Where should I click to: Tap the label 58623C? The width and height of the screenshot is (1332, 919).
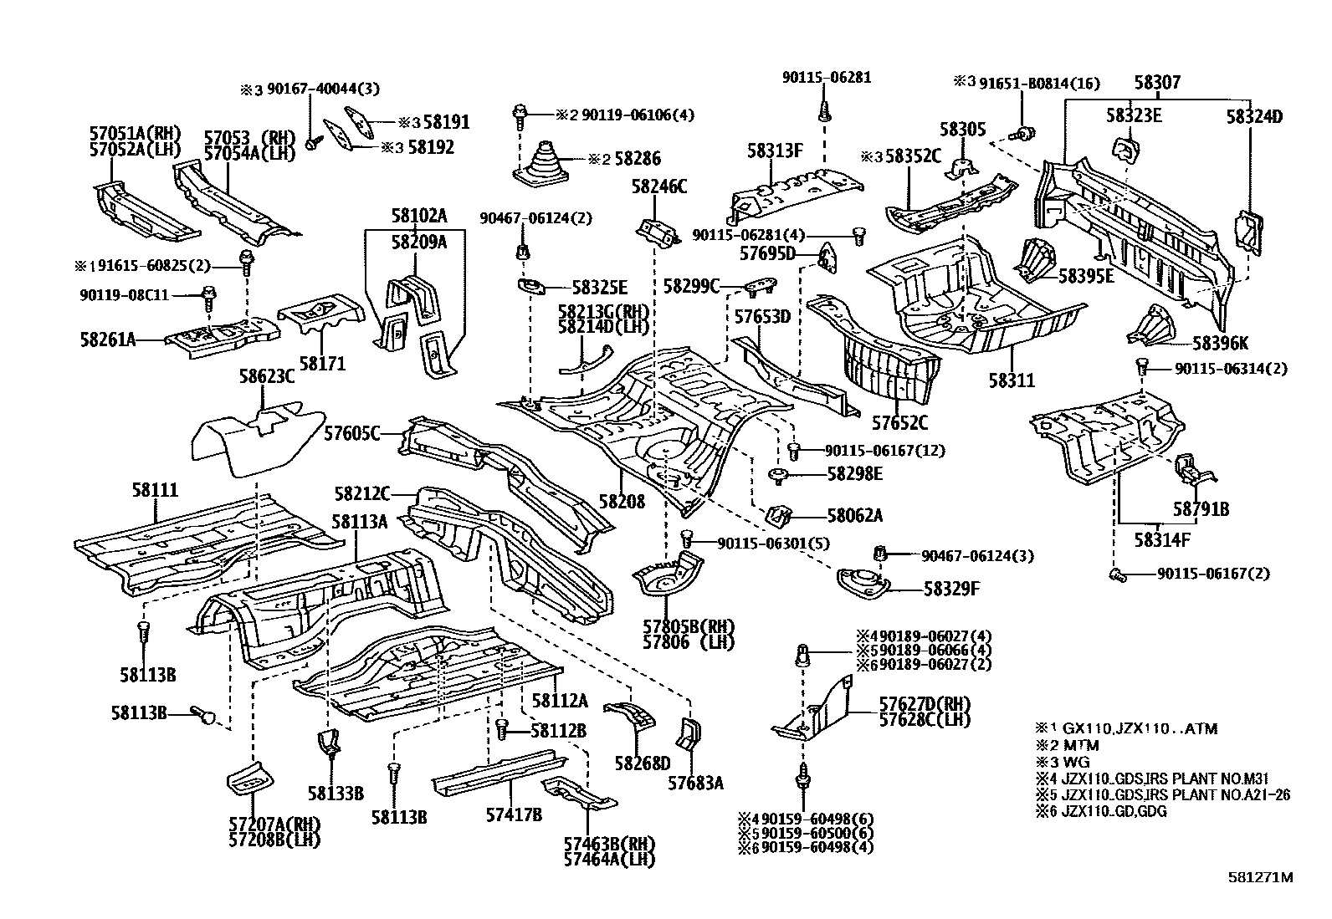(267, 377)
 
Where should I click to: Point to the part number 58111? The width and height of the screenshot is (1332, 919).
(155, 491)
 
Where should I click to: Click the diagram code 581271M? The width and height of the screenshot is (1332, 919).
(1261, 877)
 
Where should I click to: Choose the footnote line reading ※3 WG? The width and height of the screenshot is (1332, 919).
(1061, 762)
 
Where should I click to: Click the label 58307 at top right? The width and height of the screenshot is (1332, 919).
(1158, 83)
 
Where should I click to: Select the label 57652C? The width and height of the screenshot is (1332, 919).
(901, 423)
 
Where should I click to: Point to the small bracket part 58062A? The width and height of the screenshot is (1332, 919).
(781, 515)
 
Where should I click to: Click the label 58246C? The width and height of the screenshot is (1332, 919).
(659, 186)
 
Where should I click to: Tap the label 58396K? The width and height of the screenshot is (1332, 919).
(1221, 342)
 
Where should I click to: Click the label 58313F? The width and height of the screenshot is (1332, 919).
(775, 151)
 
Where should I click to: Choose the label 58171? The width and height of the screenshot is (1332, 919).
(322, 364)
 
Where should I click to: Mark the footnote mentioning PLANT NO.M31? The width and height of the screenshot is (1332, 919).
(1162, 779)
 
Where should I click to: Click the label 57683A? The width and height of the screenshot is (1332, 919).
(695, 783)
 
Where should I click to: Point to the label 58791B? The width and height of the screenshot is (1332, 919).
(1200, 508)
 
